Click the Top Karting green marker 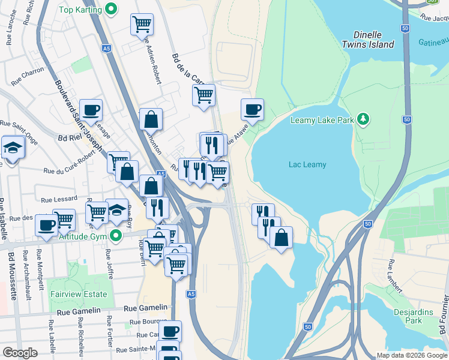click(110, 9)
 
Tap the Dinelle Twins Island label click(368, 40)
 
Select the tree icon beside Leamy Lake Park click(363, 119)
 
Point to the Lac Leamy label click(307, 164)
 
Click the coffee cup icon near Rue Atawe click(252, 110)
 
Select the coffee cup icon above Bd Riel click(91, 110)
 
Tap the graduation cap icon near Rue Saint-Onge click(13, 147)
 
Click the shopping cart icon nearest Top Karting click(142, 25)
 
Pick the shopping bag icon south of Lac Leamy click(281, 238)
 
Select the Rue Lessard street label click(59, 199)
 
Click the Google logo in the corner click(20, 353)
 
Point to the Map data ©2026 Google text click(412, 355)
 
